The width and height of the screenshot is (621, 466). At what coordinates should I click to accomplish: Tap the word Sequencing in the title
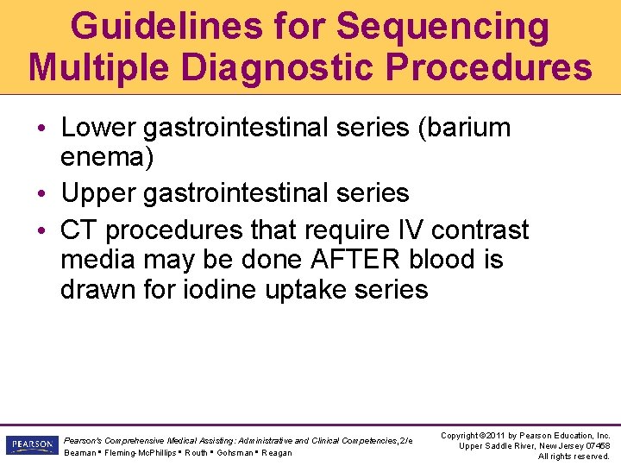point(442,26)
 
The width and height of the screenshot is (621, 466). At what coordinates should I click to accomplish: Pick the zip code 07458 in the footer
point(595,445)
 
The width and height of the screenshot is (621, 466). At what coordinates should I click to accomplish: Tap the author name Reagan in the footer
point(277,452)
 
